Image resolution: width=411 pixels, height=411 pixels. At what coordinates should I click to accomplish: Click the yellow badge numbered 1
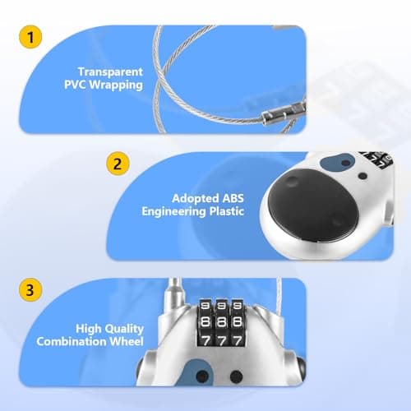point(30,37)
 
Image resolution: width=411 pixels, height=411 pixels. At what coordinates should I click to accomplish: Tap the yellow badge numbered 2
point(118,164)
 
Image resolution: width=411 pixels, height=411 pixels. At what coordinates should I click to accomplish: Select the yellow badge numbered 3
point(30,290)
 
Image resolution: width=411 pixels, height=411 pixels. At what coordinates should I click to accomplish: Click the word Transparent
point(110,72)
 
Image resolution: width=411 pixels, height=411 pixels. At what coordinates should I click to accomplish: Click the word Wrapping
point(116,85)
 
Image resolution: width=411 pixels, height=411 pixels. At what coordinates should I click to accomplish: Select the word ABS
point(233,198)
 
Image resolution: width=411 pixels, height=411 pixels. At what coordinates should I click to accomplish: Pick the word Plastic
point(227,211)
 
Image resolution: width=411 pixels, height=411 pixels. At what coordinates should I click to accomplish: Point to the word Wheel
point(127,341)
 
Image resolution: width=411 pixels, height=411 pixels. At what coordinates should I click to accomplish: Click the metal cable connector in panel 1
point(284,113)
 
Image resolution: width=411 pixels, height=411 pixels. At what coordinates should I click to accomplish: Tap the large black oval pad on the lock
point(312,205)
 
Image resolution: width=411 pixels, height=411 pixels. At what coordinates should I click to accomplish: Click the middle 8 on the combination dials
point(221,321)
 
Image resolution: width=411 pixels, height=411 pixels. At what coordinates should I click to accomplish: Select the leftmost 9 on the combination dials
point(205,306)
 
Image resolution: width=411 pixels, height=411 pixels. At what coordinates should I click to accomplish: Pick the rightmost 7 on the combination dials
point(238,340)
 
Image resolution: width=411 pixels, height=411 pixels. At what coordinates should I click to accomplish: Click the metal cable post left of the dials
point(174,293)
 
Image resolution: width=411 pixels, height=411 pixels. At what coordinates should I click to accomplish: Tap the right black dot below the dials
point(236,376)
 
